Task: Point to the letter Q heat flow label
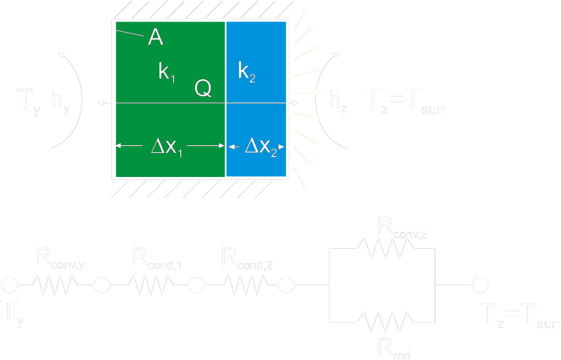coord(203,89)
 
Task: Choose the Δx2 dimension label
coord(260,147)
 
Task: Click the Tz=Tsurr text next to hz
coord(405,102)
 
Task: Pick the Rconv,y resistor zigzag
coord(55,285)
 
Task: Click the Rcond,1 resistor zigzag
coord(150,285)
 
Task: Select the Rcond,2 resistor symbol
coord(245,285)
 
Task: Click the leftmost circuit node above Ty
coord(9,285)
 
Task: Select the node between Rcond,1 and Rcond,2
coord(196,285)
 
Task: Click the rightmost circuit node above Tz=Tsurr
coord(480,285)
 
